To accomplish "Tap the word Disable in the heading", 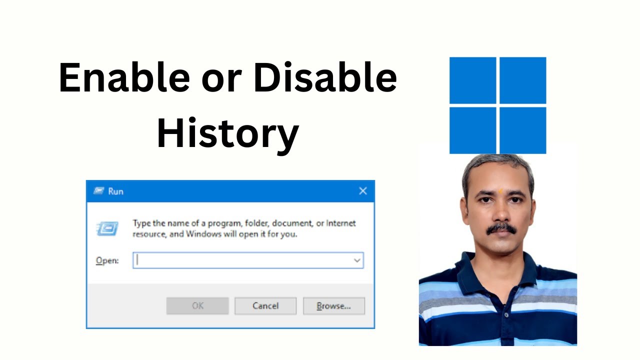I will click(x=325, y=78).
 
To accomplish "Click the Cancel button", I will click(x=265, y=305).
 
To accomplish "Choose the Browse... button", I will click(x=333, y=305).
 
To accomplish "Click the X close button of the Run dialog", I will click(x=363, y=191).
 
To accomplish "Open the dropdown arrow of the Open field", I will click(x=357, y=260).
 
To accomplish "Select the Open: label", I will click(x=107, y=260).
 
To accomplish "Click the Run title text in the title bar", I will click(x=115, y=191).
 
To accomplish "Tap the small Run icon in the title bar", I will click(x=99, y=191).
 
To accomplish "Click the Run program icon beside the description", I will click(x=107, y=228).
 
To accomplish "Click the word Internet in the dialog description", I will click(x=341, y=223).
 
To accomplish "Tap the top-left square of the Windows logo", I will click(x=472, y=80).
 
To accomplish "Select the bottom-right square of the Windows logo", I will click(x=522, y=130).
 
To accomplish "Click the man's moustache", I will click(x=501, y=228).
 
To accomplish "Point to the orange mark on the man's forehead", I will click(x=500, y=190).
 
